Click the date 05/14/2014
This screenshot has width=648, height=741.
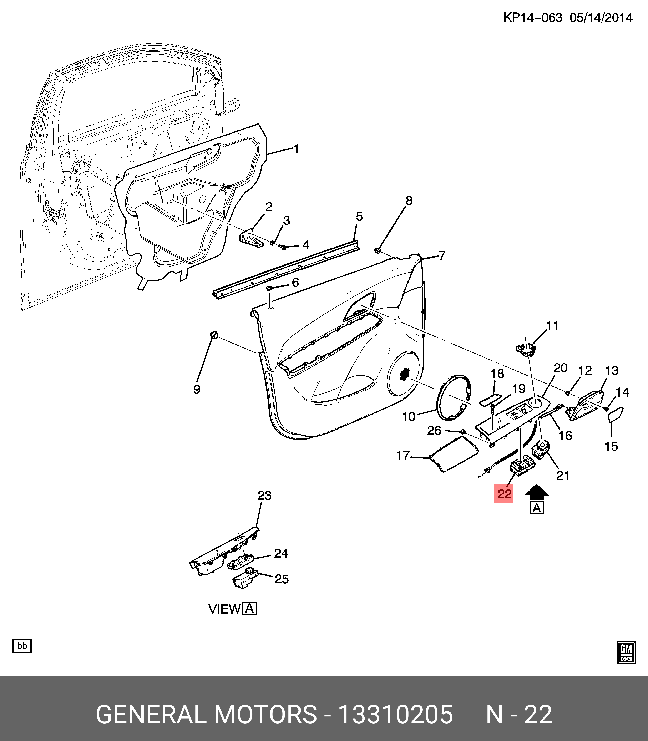click(601, 18)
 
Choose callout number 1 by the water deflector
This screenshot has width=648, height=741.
click(296, 149)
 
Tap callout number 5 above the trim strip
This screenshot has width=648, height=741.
click(359, 217)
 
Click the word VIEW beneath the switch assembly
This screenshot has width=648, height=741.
click(224, 609)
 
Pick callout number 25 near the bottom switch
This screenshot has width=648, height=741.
click(281, 579)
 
